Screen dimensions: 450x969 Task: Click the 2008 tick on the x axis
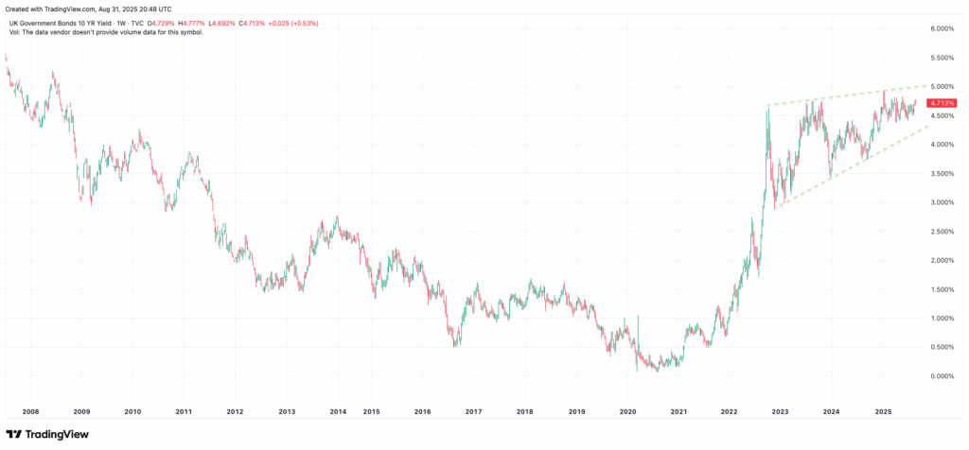30,412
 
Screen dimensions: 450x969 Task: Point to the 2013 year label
287,412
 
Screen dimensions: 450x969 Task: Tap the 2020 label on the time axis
628,412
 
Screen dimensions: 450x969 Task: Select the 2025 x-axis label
883,412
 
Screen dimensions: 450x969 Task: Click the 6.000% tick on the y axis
943,28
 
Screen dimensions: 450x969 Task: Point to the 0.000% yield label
943,376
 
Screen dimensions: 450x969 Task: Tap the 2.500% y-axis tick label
943,231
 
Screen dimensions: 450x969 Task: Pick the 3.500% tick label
943,173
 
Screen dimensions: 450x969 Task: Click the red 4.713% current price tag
943,103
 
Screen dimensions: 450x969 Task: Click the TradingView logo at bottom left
52,434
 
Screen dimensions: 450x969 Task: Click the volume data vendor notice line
106,32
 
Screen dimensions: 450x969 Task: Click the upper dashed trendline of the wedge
852,95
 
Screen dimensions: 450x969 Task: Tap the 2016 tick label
423,412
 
